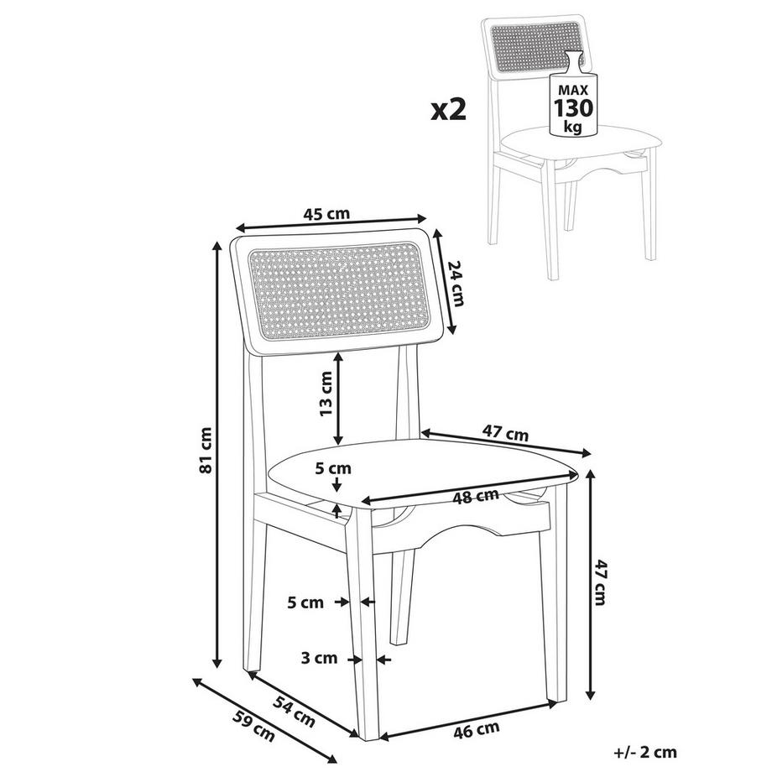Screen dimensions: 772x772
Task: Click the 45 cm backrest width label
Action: click(326, 214)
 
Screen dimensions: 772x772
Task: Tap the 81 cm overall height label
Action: click(205, 451)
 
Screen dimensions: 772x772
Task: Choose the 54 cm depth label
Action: click(293, 708)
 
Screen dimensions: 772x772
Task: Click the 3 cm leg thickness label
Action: click(319, 659)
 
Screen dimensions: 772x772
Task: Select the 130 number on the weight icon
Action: click(573, 108)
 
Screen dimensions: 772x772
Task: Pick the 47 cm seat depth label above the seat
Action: click(506, 434)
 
